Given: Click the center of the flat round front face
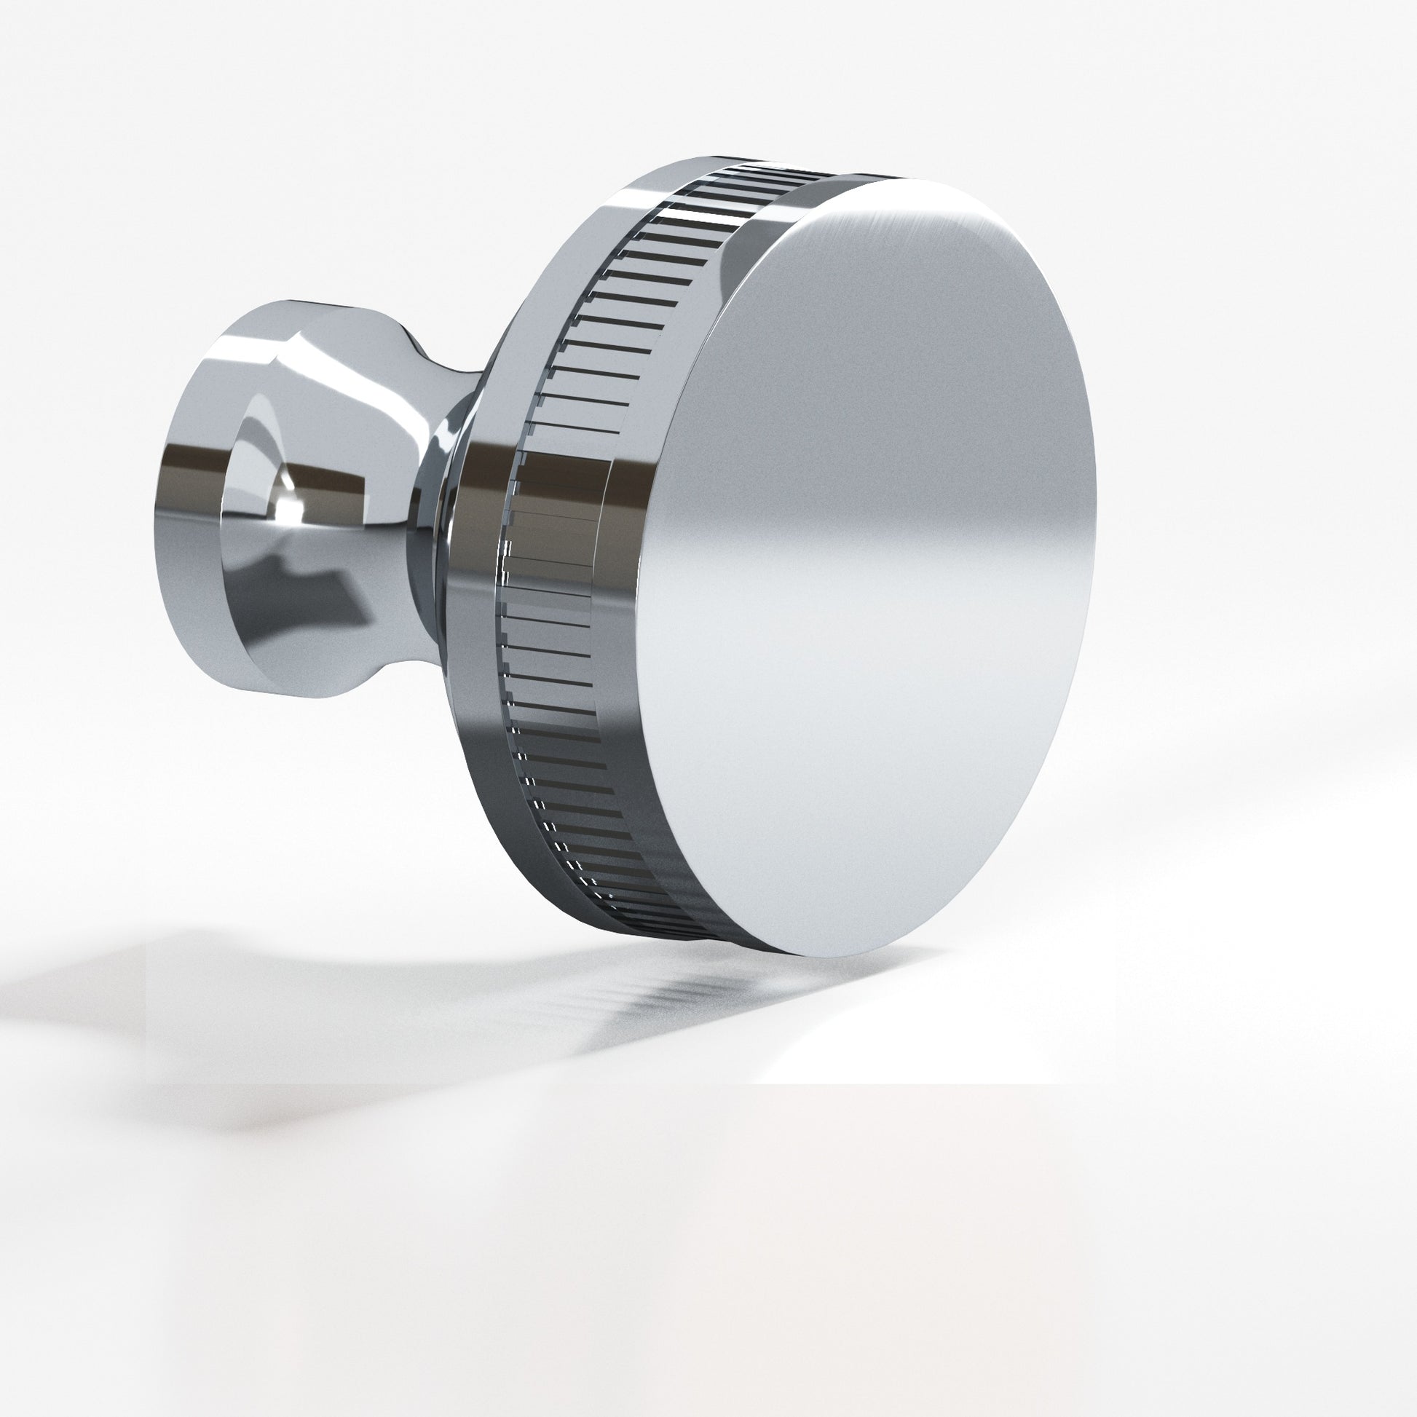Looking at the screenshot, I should (866, 565).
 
